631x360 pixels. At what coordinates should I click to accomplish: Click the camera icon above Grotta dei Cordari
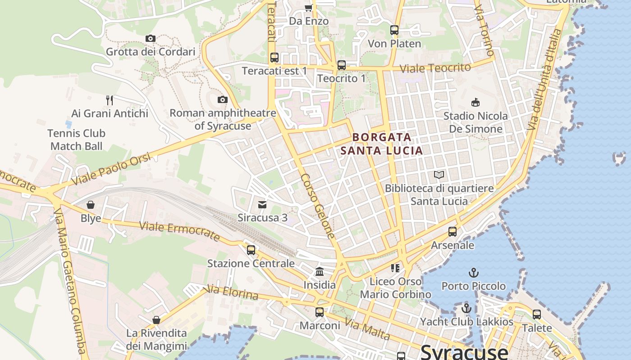coord(151,39)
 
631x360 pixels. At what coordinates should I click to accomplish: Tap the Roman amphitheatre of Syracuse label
coord(223,120)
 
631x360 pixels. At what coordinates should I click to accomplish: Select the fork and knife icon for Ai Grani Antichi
coord(110,100)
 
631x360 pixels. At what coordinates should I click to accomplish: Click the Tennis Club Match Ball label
coord(77,139)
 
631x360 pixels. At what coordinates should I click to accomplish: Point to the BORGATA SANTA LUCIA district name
coord(382,144)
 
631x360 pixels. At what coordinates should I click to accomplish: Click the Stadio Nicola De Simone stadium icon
coord(475,103)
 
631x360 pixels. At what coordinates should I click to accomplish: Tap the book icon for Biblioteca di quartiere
coord(439,175)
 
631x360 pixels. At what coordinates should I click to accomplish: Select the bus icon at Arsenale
coord(453,232)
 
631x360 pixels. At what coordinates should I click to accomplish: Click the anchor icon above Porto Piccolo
coord(473,273)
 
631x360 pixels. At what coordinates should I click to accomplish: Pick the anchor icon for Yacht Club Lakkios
coord(466,309)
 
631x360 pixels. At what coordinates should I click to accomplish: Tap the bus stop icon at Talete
coord(537,315)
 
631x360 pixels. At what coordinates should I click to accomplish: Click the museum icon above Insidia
coord(320,271)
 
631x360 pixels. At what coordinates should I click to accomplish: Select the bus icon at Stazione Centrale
coord(251,250)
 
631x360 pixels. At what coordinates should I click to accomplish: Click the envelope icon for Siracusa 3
coord(262,205)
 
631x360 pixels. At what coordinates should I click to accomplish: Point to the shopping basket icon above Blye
coord(91,205)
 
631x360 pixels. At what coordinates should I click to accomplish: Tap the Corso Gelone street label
coord(318,206)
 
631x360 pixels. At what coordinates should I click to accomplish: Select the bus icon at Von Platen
coord(394,30)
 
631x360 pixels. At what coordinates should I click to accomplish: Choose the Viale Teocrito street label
coord(435,68)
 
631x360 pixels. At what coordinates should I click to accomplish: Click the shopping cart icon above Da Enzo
coord(308,8)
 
